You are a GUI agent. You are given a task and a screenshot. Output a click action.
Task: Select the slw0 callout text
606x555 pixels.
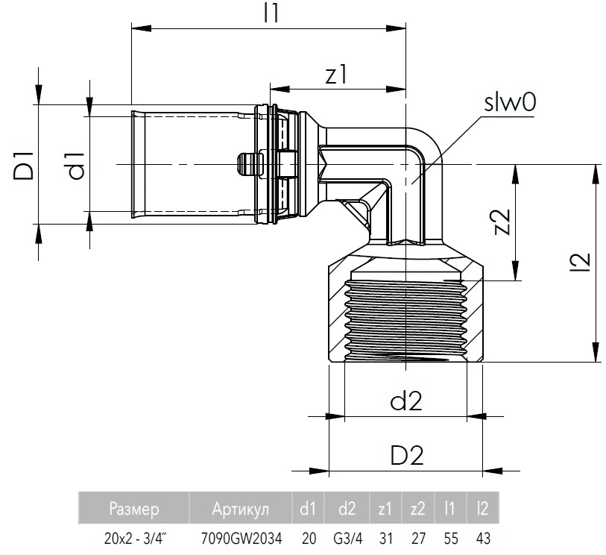coord(511,103)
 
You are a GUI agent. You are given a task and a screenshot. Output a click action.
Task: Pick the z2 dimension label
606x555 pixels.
coord(503,222)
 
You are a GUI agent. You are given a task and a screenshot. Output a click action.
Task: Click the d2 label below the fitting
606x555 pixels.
coord(405,401)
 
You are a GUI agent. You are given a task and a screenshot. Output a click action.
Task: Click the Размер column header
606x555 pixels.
coord(134,509)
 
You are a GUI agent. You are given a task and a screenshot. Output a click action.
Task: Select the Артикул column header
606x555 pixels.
coord(242,509)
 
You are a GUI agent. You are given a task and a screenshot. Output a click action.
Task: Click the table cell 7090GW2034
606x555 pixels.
coord(242,536)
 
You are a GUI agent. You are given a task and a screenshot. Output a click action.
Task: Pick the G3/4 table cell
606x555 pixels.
coord(347,536)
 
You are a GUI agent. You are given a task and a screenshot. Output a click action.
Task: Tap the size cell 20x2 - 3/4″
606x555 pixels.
coord(134,536)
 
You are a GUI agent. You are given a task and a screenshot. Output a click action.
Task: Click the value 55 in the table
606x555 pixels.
coord(449,536)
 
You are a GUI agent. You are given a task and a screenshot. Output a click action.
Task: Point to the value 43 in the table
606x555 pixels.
coord(482,536)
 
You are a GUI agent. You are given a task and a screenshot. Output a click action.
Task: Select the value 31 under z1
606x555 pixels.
coord(385,536)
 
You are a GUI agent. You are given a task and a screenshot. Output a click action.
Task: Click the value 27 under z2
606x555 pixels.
coord(417,536)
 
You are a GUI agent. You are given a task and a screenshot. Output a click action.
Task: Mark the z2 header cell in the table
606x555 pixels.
coord(417,509)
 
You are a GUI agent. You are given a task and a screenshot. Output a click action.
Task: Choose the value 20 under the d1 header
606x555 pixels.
coord(308,536)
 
